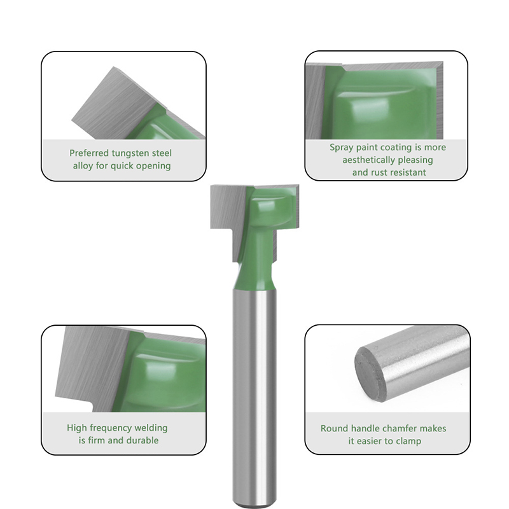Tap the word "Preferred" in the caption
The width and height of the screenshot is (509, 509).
click(x=89, y=153)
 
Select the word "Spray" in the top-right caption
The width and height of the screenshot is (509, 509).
click(x=342, y=148)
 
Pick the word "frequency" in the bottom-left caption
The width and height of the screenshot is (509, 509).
click(x=110, y=428)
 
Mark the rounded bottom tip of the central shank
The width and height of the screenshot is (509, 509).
click(x=255, y=506)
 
